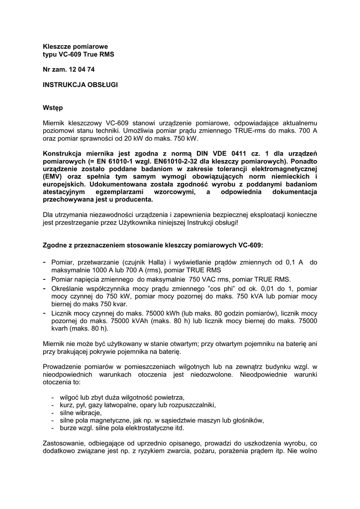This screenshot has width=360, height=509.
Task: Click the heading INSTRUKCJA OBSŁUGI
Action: tap(80, 85)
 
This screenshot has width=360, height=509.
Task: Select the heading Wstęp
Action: tap(53, 107)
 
